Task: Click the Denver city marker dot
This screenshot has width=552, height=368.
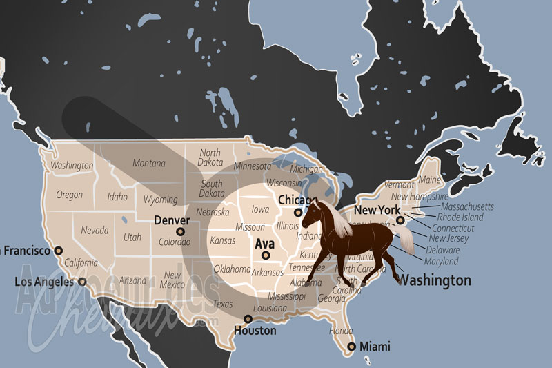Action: point(180,232)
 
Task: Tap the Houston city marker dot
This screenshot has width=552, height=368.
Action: point(248,318)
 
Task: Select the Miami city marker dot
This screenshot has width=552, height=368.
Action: point(351,347)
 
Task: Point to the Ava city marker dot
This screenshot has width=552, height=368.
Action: point(265,255)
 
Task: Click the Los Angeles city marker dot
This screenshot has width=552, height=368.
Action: point(82,281)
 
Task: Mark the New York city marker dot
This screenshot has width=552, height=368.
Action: point(400,220)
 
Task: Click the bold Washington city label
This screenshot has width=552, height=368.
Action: point(435,280)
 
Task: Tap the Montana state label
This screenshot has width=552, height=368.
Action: point(149,163)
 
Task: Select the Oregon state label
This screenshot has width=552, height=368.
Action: point(69,195)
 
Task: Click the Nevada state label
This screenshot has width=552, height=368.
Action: point(94,230)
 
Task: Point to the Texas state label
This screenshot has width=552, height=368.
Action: point(223,304)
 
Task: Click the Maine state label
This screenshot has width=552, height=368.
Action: point(429,180)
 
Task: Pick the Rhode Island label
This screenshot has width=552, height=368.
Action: point(460,217)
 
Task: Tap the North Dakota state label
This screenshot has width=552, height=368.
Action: point(210,157)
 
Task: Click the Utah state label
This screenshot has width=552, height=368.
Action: point(132,237)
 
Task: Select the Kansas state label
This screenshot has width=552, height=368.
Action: point(223,240)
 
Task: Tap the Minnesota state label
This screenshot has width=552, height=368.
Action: point(253,166)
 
